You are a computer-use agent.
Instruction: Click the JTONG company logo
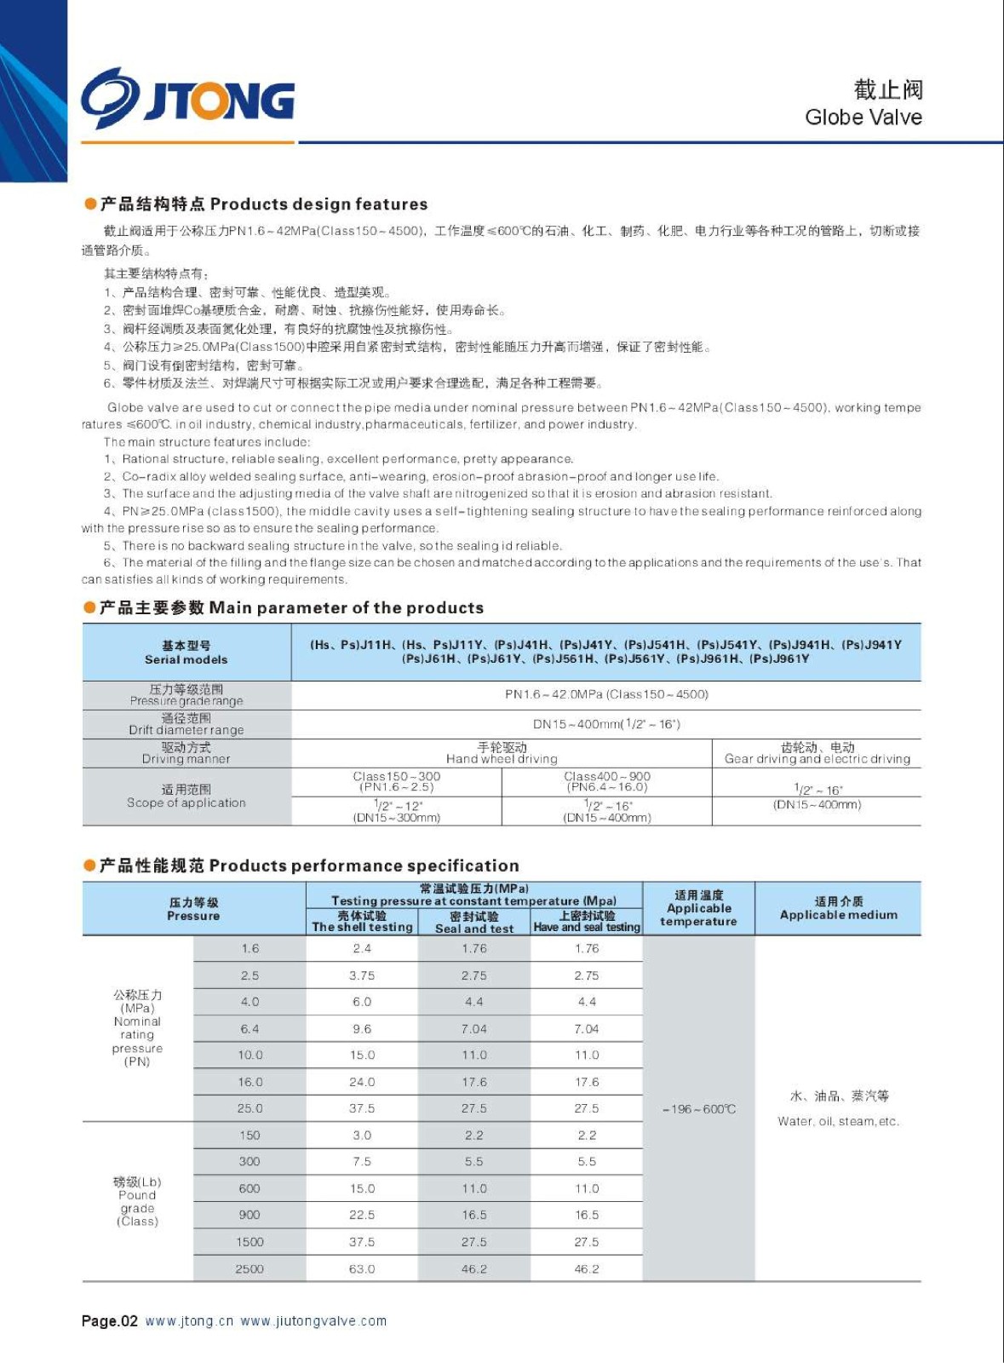pyautogui.click(x=188, y=99)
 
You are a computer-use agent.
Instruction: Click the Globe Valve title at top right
pyautogui.click(x=863, y=117)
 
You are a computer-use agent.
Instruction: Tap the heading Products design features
pyautogui.click(x=318, y=204)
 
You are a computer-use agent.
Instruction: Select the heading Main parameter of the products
pyautogui.click(x=346, y=608)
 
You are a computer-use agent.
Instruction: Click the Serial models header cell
pyautogui.click(x=186, y=653)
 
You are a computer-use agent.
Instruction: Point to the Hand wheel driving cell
pyautogui.click(x=502, y=753)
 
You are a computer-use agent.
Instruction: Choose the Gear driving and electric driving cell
pyautogui.click(x=817, y=753)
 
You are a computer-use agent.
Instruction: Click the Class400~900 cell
pyautogui.click(x=607, y=781)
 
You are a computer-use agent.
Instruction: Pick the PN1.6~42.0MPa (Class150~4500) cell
pyautogui.click(x=606, y=694)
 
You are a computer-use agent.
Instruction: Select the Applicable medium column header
pyautogui.click(x=838, y=908)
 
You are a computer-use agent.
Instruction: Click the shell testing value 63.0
pyautogui.click(x=362, y=1268)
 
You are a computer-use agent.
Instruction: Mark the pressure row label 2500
pyautogui.click(x=250, y=1268)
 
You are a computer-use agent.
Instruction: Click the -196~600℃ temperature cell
pyautogui.click(x=698, y=1109)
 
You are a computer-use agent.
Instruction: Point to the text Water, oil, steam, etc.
pyautogui.click(x=838, y=1121)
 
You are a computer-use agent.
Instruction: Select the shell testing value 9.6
pyautogui.click(x=362, y=1028)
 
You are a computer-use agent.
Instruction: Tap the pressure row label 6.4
pyautogui.click(x=250, y=1028)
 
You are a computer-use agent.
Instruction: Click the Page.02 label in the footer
pyautogui.click(x=109, y=1321)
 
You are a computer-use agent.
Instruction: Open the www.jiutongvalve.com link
pyautogui.click(x=313, y=1321)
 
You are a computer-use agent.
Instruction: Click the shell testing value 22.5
pyautogui.click(x=362, y=1215)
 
